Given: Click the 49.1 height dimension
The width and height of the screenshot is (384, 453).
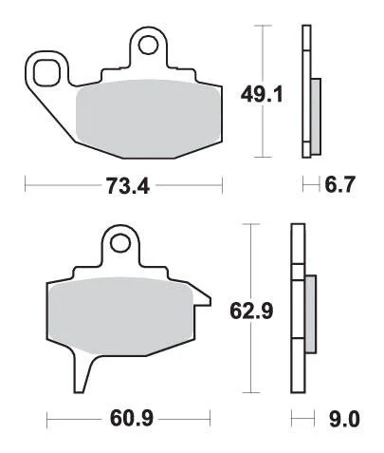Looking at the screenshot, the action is point(262,95).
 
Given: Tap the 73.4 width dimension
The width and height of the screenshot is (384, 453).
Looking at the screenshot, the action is point(128,185).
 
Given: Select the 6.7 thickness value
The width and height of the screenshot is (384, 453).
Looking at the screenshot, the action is point(340,184).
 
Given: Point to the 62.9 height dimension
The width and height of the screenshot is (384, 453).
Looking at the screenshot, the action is point(251,311).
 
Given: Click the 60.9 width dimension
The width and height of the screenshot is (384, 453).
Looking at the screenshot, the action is point(132,418).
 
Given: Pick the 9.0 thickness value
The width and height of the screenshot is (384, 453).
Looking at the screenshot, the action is point(344,419).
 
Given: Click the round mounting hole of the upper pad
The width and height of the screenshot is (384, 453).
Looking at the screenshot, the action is point(148,45).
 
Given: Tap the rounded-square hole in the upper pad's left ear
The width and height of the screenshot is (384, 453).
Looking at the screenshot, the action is point(47,72).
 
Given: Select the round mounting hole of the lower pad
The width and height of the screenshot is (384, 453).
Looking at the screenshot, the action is point(120,243).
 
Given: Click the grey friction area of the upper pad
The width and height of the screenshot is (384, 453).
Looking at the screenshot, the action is point(149,119).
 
